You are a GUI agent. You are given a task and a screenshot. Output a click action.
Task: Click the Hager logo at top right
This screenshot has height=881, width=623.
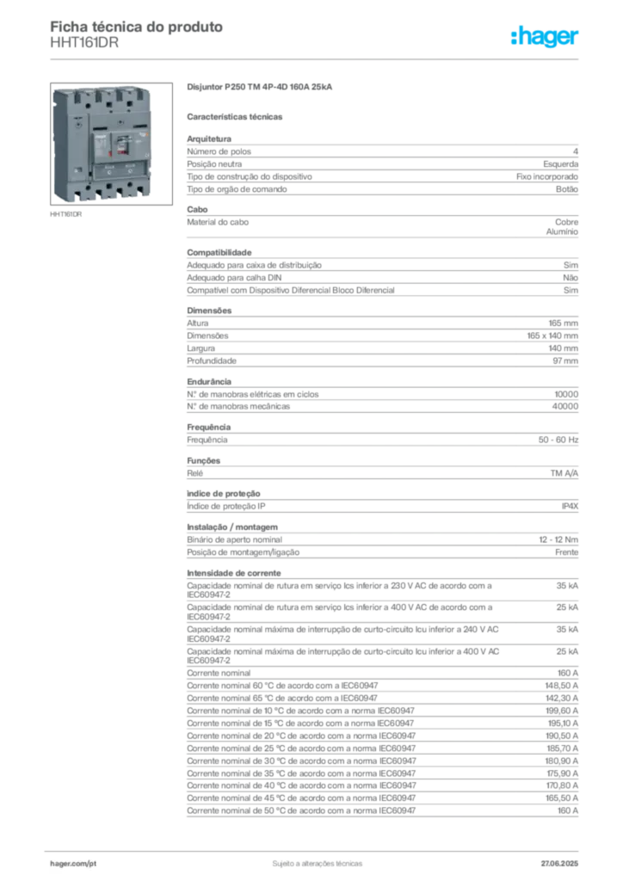click(545, 37)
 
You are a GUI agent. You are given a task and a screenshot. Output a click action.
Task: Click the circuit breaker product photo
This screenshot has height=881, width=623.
click(111, 144)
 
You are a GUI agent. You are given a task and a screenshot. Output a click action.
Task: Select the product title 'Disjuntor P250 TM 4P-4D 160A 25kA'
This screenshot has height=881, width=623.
click(260, 87)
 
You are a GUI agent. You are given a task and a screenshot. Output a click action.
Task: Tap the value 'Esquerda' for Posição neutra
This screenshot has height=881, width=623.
click(561, 164)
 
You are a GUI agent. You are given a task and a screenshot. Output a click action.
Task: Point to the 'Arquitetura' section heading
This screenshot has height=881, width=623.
click(209, 139)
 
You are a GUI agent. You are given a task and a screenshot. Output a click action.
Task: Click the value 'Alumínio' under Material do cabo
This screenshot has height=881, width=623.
click(562, 231)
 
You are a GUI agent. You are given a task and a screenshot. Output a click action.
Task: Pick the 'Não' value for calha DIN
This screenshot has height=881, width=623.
click(571, 278)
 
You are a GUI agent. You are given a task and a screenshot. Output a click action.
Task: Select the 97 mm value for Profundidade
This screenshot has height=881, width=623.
click(565, 360)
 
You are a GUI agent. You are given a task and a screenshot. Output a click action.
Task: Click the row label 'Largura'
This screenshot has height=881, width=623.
click(200, 348)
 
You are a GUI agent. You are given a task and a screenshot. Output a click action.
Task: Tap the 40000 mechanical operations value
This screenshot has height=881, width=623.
click(565, 406)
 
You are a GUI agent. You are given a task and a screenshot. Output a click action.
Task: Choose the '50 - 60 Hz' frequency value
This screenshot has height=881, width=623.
click(558, 440)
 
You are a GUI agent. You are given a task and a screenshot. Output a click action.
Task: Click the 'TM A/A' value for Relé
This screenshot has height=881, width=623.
click(564, 473)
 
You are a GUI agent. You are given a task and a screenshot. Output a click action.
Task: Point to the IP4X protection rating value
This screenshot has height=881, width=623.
click(570, 506)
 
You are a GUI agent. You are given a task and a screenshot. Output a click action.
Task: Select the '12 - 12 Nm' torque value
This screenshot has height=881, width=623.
click(558, 539)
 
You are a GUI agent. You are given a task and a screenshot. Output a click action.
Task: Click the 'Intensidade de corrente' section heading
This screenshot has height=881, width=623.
click(234, 573)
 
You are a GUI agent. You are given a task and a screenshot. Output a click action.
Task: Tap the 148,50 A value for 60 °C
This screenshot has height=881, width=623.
click(562, 686)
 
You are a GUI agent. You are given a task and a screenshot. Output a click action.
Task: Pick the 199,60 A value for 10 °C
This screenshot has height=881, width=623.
click(562, 711)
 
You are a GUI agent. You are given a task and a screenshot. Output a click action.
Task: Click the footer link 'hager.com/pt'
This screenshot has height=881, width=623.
click(73, 864)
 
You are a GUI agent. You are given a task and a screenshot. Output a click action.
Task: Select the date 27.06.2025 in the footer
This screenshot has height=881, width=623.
click(559, 864)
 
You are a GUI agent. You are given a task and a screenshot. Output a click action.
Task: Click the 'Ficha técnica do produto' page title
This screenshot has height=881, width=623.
click(137, 27)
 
